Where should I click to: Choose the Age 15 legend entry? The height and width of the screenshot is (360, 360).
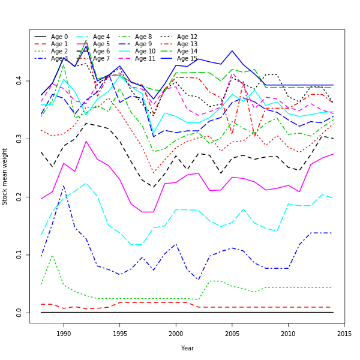coord(187,59)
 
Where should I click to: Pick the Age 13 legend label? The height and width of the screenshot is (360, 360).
coord(187,44)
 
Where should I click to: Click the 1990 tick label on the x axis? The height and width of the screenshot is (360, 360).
coord(64,334)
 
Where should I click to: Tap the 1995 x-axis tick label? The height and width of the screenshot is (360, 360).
coord(119,334)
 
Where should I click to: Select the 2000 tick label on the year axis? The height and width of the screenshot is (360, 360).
coord(176,334)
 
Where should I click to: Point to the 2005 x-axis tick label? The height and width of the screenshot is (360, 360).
coord(232,334)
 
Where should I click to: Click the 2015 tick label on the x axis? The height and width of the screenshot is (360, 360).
coord(344,334)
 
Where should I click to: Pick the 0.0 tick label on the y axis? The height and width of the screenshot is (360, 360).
coord(20,313)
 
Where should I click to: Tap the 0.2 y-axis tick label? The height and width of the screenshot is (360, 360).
coord(20,196)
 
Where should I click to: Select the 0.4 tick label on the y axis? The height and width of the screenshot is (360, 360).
coord(20,80)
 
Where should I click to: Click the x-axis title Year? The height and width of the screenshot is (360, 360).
coord(187,348)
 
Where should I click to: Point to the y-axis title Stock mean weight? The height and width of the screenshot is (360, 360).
coord(5,176)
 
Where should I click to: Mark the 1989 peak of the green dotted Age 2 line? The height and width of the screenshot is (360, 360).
coord(53,256)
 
